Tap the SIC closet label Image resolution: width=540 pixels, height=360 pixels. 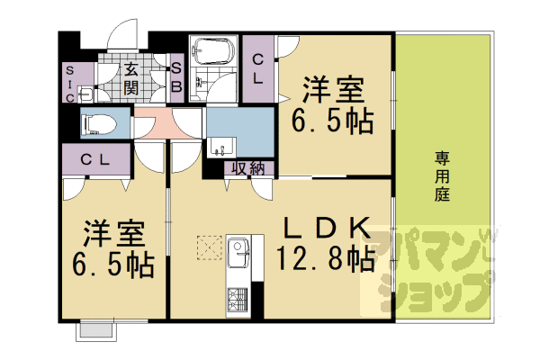70,85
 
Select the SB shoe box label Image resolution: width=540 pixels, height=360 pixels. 176,77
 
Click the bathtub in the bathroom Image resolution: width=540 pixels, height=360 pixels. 214,51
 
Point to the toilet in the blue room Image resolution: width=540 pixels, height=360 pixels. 99,124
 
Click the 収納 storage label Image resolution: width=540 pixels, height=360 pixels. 248,168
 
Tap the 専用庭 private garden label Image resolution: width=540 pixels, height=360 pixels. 442,176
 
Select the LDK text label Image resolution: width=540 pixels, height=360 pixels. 327,228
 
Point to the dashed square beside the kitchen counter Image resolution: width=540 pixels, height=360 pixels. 209,247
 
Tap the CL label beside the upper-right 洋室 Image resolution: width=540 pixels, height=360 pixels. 258,69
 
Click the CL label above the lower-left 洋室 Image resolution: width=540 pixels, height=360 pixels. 95,159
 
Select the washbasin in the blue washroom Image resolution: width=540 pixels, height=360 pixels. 221,148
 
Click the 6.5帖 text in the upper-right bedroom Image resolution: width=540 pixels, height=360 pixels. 333,121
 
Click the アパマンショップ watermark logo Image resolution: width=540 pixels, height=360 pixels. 433,272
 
